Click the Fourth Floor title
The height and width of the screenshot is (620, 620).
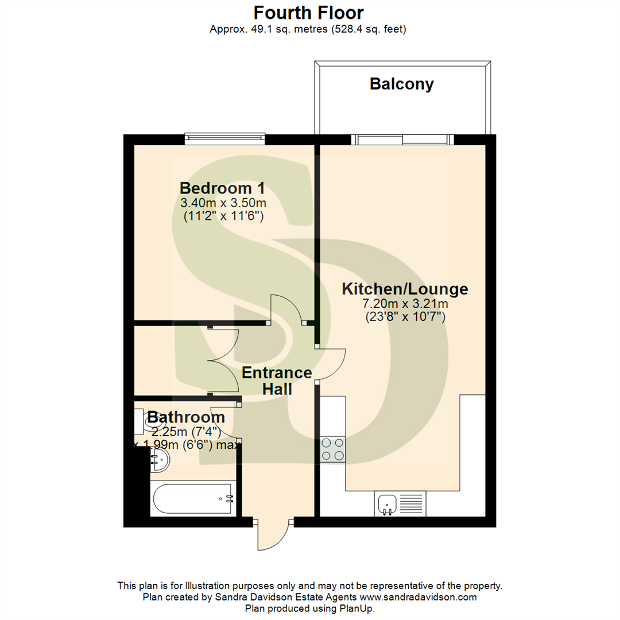(x=309, y=12)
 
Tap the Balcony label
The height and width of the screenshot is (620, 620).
(x=402, y=84)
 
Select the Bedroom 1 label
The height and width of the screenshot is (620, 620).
(x=223, y=188)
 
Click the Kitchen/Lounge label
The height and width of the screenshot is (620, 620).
(x=405, y=289)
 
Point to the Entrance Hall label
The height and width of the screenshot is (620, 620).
(x=277, y=381)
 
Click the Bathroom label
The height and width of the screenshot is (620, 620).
(x=186, y=417)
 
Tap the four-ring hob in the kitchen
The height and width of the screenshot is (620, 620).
(x=333, y=449)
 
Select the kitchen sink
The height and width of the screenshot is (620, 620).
(x=389, y=503)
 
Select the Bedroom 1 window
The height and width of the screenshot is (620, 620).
(x=225, y=138)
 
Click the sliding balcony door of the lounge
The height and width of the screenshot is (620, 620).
(x=402, y=139)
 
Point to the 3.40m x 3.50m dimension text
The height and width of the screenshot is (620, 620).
(x=223, y=203)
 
